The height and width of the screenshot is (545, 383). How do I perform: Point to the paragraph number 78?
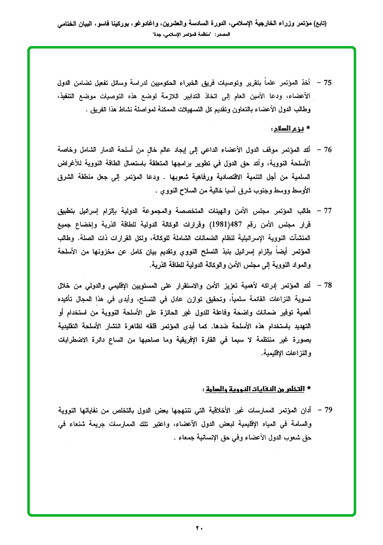[327, 287]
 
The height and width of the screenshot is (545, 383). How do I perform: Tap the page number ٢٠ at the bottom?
[199, 528]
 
